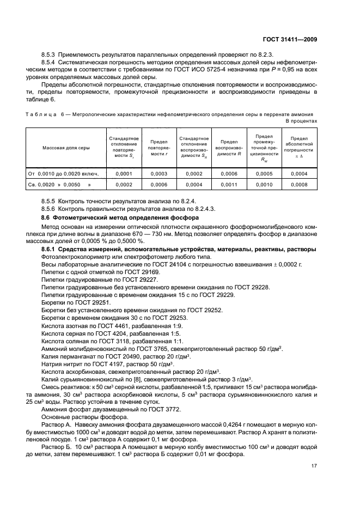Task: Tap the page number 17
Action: (314, 466)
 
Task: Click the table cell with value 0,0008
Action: (299, 185)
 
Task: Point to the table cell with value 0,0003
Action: (158, 174)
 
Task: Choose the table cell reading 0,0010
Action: (264, 185)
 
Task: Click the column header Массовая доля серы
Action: (64, 148)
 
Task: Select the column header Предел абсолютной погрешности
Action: (299, 148)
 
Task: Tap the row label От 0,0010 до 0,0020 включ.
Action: (63, 174)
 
